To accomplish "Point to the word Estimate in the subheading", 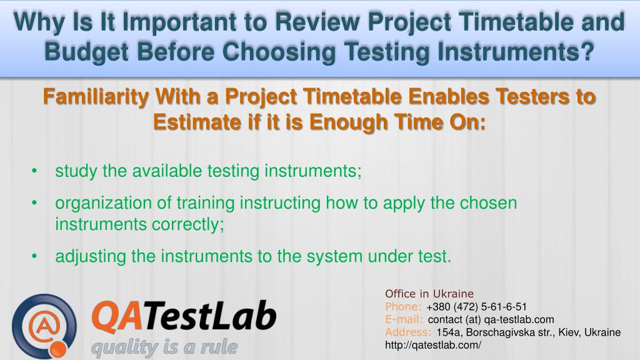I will [195, 121].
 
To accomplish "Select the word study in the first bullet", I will [76, 171].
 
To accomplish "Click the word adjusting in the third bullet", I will [91, 256].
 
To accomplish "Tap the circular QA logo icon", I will [44, 325].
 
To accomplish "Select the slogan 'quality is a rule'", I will [164, 347].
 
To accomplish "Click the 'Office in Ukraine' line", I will [429, 294].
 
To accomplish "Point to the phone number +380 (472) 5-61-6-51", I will [476, 306].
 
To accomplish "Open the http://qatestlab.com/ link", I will [433, 345].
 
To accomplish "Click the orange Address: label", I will [408, 332].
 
